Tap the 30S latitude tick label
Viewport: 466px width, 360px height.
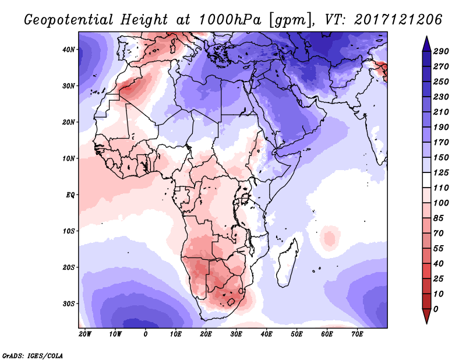click(69, 303)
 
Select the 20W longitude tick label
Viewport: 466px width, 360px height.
click(84, 334)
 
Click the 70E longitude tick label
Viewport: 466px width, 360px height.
click(357, 334)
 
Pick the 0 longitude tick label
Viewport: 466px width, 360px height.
click(146, 334)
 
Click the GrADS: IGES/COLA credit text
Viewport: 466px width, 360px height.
click(33, 355)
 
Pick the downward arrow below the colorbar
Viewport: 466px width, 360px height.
click(426, 316)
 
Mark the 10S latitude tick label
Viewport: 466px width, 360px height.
click(69, 231)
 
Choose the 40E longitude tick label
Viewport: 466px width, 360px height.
click(266, 334)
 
